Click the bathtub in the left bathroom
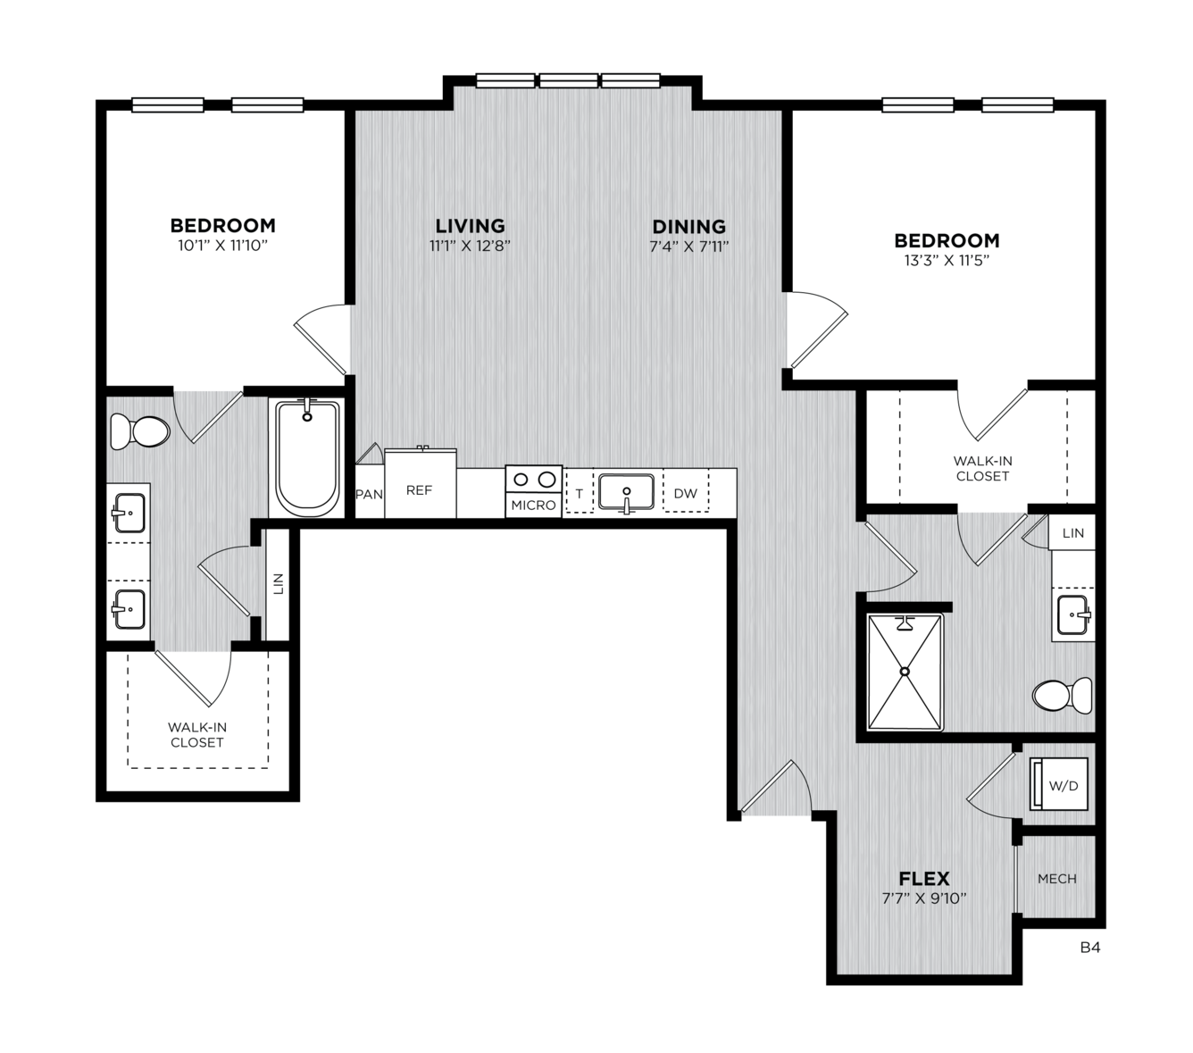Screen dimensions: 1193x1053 tap(307, 456)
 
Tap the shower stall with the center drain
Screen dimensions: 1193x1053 tap(905, 672)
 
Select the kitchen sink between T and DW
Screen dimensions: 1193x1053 tap(626, 492)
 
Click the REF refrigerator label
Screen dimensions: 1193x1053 tap(419, 490)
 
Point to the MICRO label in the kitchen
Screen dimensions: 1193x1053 tap(533, 505)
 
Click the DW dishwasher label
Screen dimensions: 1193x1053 tap(685, 494)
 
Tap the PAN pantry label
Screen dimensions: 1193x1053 tap(369, 494)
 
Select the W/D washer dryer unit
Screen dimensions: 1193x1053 tap(1058, 783)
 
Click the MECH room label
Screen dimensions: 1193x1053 tap(1057, 879)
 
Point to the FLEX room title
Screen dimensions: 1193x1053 tap(924, 879)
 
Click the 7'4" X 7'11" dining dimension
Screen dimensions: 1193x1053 tap(689, 246)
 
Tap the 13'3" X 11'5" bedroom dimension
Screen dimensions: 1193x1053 tap(947, 260)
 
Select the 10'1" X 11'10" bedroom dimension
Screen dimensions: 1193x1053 tap(222, 245)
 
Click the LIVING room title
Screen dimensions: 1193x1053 tap(470, 226)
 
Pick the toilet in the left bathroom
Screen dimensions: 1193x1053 tap(140, 430)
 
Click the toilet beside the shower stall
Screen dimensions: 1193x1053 tap(1062, 695)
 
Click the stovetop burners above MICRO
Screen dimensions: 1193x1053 tap(533, 480)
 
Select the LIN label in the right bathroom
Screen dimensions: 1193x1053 tap(1072, 533)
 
